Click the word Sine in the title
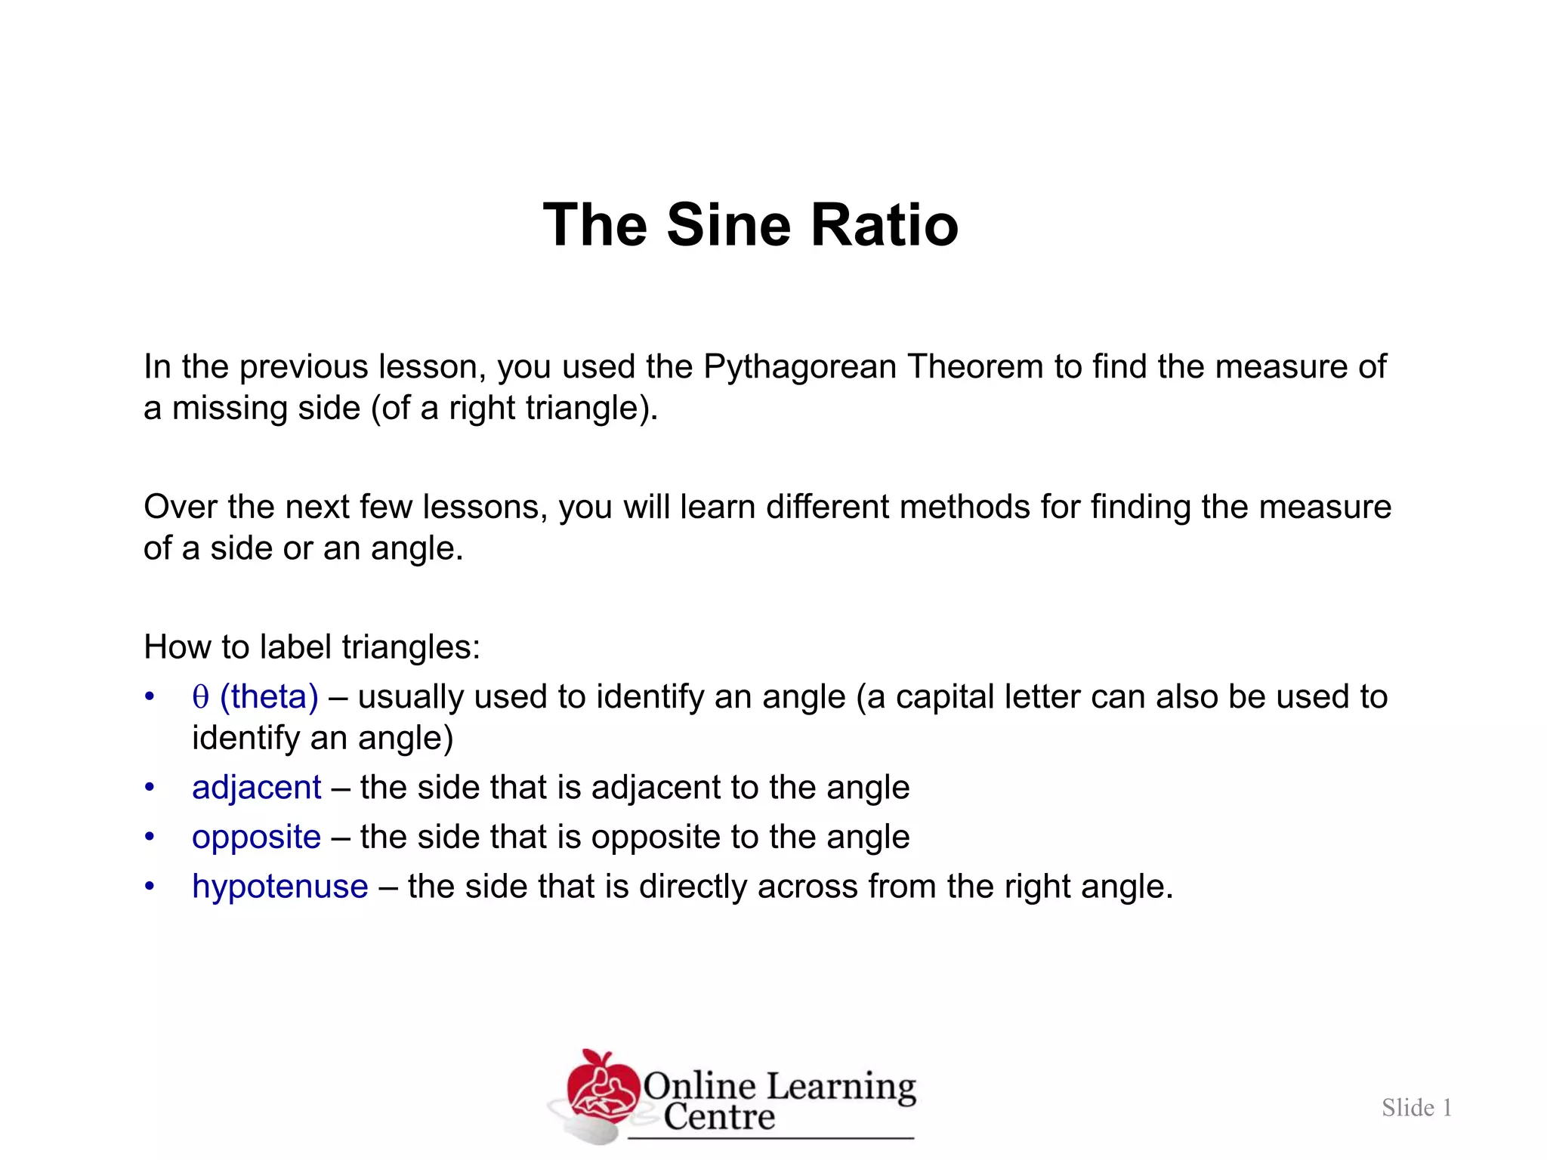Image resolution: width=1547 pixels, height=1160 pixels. tap(729, 225)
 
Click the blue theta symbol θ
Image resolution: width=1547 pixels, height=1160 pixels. tap(200, 696)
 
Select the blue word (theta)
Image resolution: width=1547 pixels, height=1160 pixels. tap(269, 696)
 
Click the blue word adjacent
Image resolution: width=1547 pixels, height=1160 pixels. tap(257, 788)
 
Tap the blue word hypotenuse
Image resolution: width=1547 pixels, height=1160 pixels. tap(280, 887)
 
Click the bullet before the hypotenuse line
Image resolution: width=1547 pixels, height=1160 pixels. tap(150, 887)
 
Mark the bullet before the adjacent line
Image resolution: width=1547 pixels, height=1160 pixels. tap(150, 788)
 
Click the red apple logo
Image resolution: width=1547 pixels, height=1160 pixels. tap(601, 1087)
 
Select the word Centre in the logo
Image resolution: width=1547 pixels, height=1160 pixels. tap(719, 1117)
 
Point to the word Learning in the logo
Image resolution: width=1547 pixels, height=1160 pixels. tap(841, 1086)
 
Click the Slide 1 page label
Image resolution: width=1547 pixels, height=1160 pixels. tap(1416, 1108)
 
